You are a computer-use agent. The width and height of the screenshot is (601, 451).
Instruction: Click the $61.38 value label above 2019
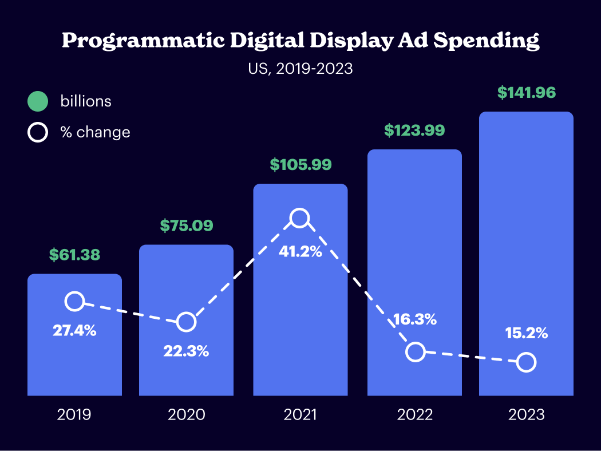point(74,255)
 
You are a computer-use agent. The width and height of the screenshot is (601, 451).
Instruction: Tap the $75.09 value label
point(186,225)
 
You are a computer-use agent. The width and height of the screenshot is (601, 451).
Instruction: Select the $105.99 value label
point(300,165)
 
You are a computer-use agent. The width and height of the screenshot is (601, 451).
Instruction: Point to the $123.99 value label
point(414,130)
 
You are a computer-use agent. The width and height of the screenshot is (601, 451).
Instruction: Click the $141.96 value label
point(526,93)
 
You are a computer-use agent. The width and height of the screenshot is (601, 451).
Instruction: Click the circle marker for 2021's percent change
point(299,218)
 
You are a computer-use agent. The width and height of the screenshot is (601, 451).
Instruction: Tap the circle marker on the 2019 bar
point(74,301)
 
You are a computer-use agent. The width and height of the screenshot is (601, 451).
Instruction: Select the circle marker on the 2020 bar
point(186,322)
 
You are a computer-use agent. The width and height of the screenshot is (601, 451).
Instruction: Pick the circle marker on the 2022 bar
point(416,352)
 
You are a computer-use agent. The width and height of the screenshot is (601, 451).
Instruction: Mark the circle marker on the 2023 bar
point(526,362)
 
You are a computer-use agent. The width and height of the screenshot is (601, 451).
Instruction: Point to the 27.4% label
point(74,330)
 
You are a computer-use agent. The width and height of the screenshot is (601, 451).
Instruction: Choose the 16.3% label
point(414,319)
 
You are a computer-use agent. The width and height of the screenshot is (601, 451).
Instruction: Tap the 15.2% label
point(526,333)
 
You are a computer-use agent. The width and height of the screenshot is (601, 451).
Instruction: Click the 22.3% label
point(186,351)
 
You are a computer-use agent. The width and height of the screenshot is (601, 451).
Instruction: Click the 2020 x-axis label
point(186,414)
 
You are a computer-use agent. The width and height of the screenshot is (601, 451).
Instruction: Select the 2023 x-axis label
point(526,414)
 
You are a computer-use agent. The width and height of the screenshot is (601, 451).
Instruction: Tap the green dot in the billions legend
point(38,102)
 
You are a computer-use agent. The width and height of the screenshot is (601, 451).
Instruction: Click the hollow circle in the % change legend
point(38,133)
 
